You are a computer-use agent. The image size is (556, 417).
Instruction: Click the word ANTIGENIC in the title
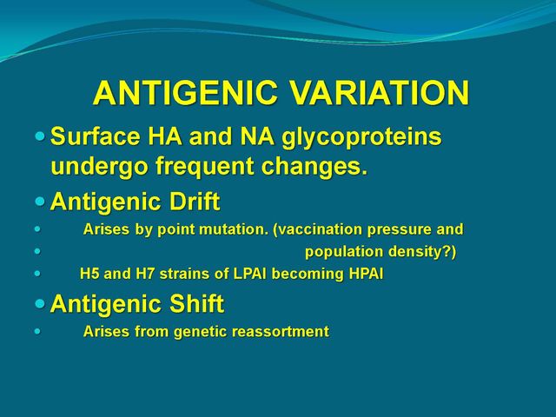[185, 93]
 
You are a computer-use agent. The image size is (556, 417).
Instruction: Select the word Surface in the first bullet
[96, 136]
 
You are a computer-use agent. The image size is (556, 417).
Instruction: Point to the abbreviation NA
[257, 136]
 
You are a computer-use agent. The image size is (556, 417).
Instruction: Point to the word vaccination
[318, 230]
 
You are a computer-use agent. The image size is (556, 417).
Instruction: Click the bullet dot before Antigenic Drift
[40, 202]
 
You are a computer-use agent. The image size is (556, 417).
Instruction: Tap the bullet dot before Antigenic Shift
[40, 303]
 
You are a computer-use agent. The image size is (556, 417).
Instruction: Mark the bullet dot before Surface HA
[40, 136]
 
